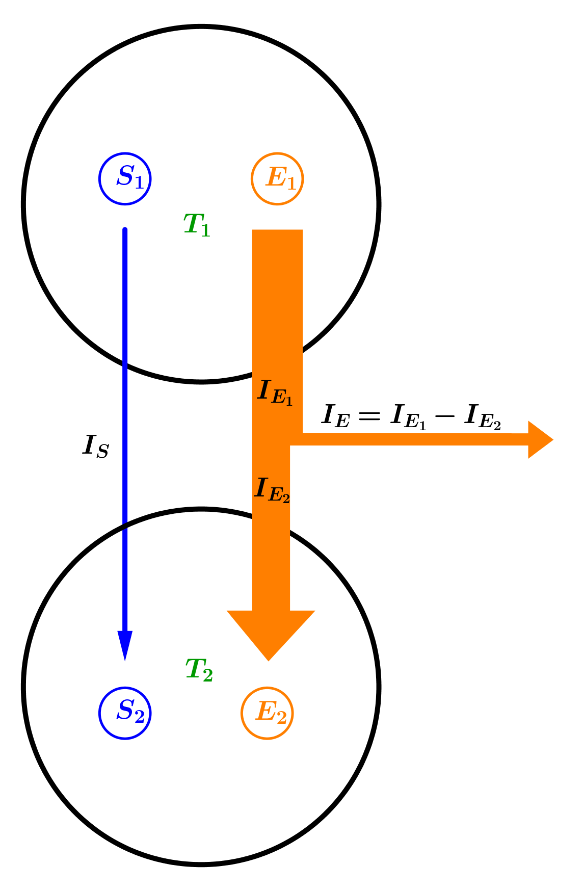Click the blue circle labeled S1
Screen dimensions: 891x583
coord(125,178)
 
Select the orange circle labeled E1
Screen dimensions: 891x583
coord(277,178)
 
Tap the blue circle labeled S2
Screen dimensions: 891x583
coord(125,713)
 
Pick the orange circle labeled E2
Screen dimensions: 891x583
coord(267,713)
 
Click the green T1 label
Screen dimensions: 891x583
coord(197,225)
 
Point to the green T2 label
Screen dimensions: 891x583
coord(199,670)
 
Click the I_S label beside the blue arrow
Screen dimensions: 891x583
coord(96,447)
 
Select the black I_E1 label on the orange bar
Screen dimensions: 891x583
coord(275,392)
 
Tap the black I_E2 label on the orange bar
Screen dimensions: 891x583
coord(272,490)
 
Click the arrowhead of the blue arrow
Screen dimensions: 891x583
coord(125,644)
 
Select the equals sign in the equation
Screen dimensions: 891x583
coord(369,415)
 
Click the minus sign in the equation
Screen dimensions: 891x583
coord(444,415)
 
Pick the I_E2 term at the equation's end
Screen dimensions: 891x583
coord(482,417)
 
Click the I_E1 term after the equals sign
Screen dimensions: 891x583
coord(408,417)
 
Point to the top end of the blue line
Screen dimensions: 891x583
coord(125,230)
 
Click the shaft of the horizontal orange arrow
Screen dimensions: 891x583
coord(408,439)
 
